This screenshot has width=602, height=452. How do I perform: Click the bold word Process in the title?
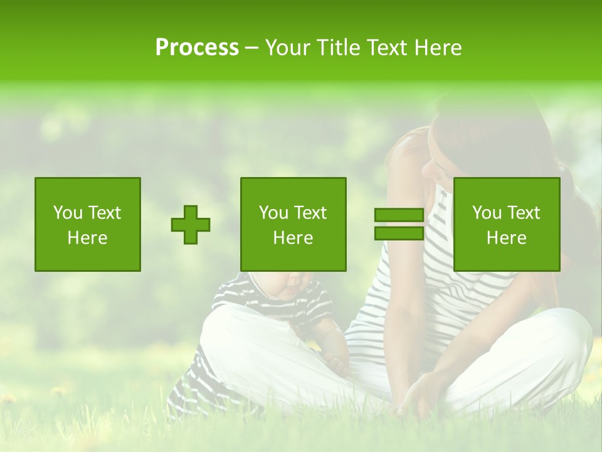(197, 48)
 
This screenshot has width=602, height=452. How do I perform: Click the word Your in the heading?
(288, 48)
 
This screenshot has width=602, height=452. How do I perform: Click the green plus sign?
(191, 225)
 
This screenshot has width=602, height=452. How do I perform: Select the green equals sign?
(399, 224)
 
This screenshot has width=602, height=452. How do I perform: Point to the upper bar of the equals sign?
(399, 215)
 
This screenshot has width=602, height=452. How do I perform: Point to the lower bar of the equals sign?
(399, 233)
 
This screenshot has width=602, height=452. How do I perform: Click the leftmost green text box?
(88, 224)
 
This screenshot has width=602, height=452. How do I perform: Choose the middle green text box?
(293, 224)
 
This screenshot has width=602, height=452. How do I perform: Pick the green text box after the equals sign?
(507, 224)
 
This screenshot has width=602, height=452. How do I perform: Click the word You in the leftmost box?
(67, 213)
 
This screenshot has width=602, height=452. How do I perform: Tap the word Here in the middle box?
(293, 238)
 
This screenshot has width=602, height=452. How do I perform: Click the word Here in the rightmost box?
(507, 238)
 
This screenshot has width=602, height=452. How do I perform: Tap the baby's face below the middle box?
(292, 286)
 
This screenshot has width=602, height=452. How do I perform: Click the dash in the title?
(252, 48)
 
